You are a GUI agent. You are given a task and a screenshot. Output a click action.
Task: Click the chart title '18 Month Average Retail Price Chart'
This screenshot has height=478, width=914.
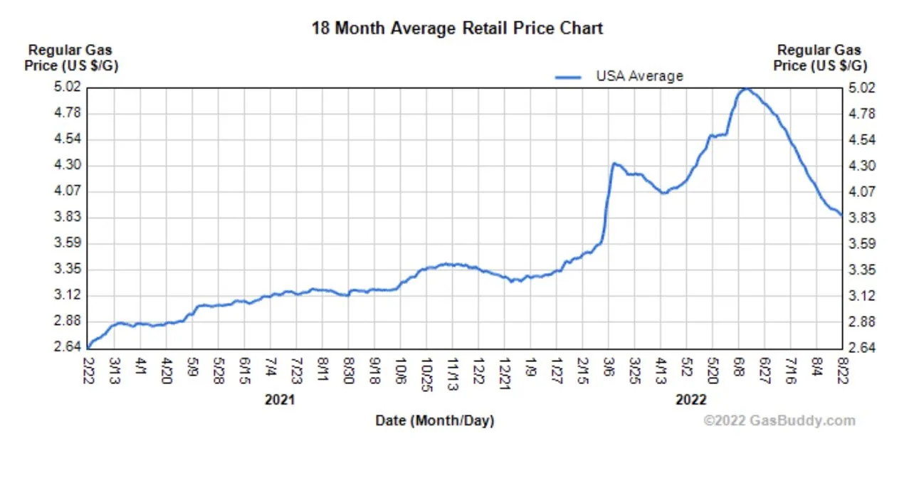click(x=457, y=28)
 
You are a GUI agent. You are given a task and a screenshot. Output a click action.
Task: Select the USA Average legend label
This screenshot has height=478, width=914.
click(x=639, y=76)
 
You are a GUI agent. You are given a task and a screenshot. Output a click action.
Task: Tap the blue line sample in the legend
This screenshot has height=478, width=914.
click(x=569, y=77)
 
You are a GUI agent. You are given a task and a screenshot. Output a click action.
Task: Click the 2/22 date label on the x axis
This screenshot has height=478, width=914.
click(x=88, y=371)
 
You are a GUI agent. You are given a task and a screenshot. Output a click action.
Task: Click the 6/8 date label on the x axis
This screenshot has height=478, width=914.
click(x=739, y=369)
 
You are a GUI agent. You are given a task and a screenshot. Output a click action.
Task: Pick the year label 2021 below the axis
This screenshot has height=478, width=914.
click(x=280, y=400)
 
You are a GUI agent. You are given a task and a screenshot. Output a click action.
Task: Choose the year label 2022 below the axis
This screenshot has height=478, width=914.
click(x=690, y=400)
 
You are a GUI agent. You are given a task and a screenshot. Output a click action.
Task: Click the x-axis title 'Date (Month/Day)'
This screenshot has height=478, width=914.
click(x=435, y=421)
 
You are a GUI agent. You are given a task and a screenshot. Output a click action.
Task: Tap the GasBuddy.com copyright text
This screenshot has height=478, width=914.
click(x=779, y=421)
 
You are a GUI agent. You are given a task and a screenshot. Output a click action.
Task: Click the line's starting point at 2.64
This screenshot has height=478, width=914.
click(x=88, y=347)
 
